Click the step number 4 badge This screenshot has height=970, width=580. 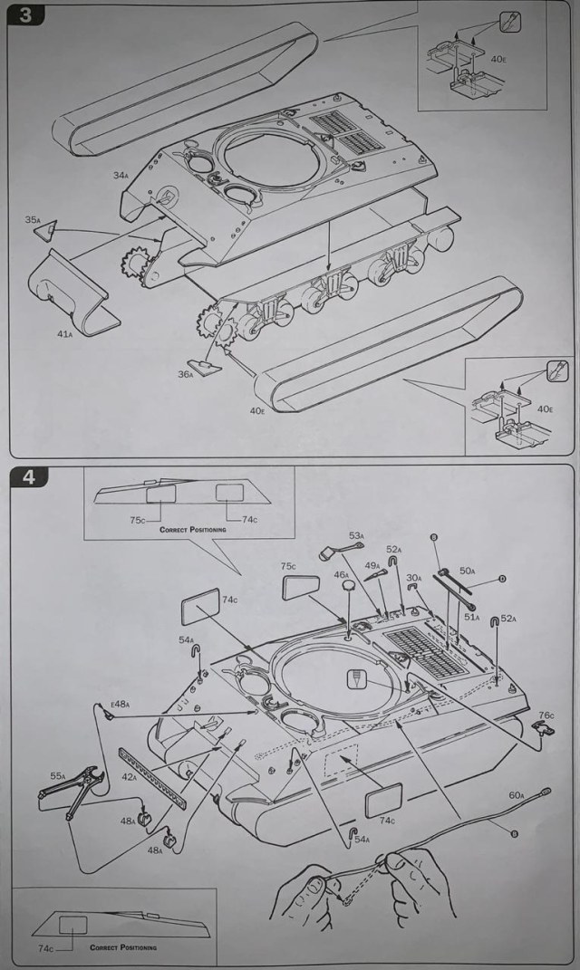click(28, 476)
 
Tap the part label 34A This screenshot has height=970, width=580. click(121, 176)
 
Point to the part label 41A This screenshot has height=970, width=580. click(64, 333)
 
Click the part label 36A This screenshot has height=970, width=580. click(187, 374)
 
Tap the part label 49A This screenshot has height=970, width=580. click(372, 565)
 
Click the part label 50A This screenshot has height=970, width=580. click(468, 571)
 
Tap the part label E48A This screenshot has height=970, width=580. click(121, 704)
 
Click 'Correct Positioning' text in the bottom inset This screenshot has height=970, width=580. click(122, 947)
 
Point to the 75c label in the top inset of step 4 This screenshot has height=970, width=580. click(137, 521)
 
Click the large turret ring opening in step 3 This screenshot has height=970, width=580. click(267, 162)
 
